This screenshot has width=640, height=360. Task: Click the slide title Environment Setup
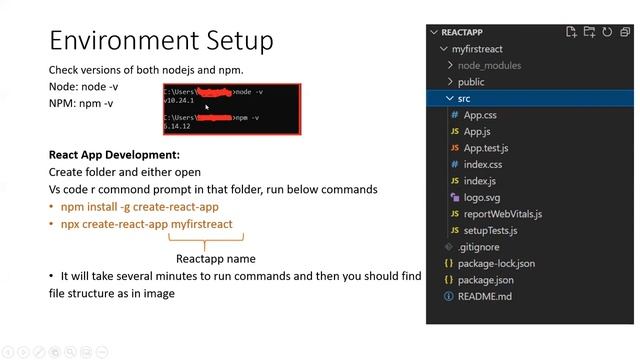pyautogui.click(x=161, y=41)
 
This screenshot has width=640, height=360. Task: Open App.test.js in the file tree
pyautogui.click(x=485, y=148)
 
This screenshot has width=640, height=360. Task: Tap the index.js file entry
pyautogui.click(x=479, y=181)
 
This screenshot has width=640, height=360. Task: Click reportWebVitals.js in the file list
pyautogui.click(x=503, y=214)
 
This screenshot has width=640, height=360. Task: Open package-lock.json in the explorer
pyautogui.click(x=496, y=263)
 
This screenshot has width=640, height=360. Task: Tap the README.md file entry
pyautogui.click(x=484, y=297)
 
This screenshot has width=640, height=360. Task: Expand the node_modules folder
pyautogui.click(x=489, y=65)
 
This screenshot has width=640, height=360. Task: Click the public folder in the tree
pyautogui.click(x=470, y=82)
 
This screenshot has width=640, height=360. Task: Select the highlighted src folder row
pyautogui.click(x=464, y=98)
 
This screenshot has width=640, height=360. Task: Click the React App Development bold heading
pyautogui.click(x=114, y=155)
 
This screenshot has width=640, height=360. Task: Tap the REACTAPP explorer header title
pyautogui.click(x=463, y=32)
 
